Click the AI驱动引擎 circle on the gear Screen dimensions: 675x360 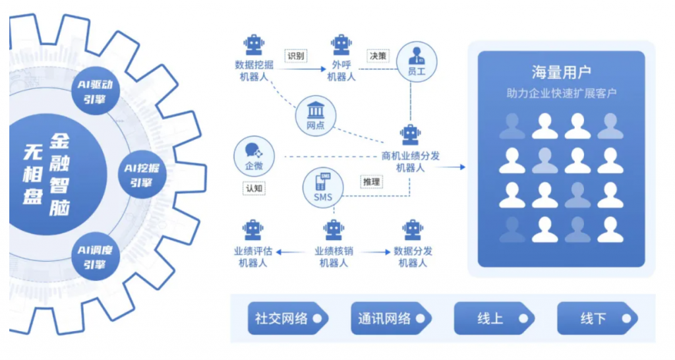[95, 91]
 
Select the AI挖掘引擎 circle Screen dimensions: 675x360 [142, 175]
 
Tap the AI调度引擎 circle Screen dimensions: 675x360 [95, 256]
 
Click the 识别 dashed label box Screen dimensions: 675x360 [296, 56]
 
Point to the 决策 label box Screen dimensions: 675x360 [378, 56]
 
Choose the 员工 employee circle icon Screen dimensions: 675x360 [417, 63]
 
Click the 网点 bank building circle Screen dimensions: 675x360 [316, 116]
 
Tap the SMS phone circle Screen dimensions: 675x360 [323, 188]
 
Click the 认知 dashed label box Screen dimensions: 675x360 [254, 188]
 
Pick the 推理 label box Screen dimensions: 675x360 [372, 182]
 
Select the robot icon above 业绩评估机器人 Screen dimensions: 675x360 [253, 230]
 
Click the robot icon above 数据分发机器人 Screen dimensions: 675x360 [413, 230]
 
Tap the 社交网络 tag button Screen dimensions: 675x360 [288, 318]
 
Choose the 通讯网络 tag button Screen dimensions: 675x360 [391, 318]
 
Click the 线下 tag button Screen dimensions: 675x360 [597, 318]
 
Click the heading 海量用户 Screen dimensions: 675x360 [562, 73]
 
